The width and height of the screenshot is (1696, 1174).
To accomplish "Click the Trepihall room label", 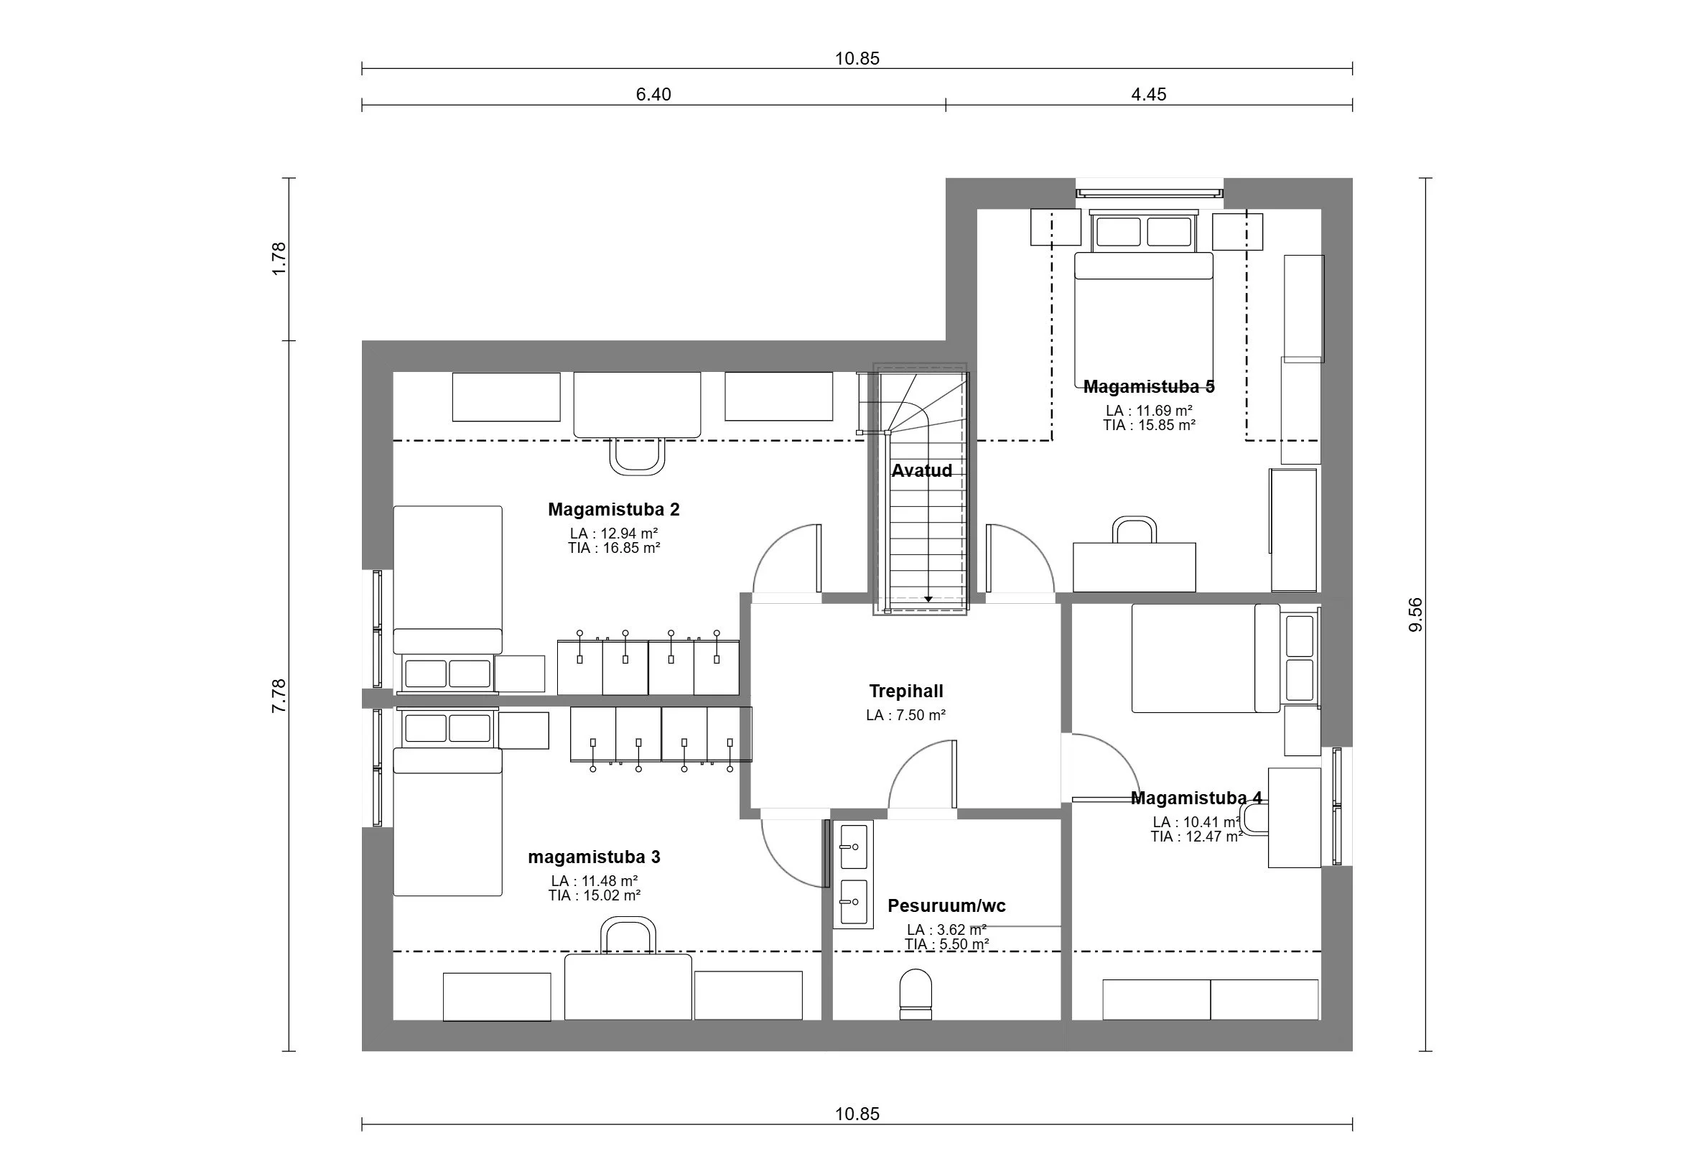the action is coord(906,691).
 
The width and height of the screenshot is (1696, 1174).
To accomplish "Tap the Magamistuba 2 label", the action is coord(613,509).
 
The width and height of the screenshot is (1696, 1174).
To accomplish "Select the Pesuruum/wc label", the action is coord(946,905).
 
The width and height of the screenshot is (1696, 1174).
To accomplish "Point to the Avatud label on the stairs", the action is coord(921,471).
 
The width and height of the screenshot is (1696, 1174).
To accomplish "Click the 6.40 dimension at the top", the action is coord(653,94).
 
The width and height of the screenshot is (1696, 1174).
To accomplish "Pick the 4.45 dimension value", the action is coord(1149,94).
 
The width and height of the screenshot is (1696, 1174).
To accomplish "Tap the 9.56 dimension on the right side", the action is coord(1416,614).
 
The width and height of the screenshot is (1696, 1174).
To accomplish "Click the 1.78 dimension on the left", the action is coord(279,259).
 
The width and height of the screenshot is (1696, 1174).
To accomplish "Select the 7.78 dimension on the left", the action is coord(279,695).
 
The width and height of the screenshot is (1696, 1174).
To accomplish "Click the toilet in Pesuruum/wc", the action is coord(915,994).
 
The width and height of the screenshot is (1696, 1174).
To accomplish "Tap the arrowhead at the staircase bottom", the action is coord(928,599).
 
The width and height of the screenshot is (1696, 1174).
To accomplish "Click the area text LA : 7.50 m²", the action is coord(906,715).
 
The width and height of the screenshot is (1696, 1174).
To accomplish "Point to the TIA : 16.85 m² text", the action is coord(614,548).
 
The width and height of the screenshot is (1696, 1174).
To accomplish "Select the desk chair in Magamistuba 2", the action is coord(638,456).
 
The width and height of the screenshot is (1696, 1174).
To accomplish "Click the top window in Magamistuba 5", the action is coord(1150,192).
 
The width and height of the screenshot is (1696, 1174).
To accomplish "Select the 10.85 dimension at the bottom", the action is coord(857,1114).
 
